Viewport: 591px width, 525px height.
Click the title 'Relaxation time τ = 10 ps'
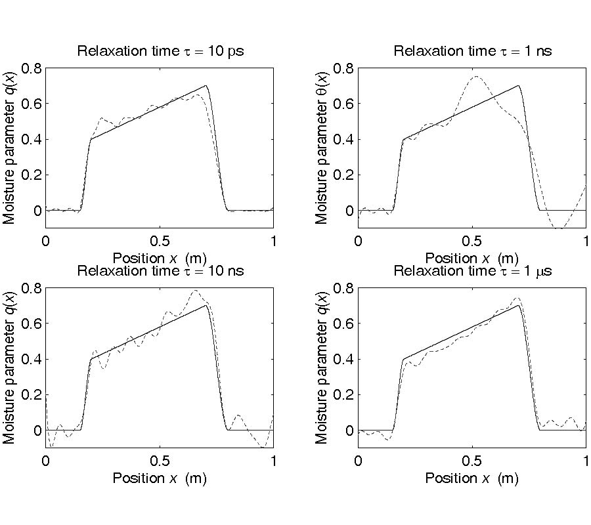160,51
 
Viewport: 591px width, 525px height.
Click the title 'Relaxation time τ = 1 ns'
472,51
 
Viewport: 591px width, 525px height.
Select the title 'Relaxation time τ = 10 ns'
160,270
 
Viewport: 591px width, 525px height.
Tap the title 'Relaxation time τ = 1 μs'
472,270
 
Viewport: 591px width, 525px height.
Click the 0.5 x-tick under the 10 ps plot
160,241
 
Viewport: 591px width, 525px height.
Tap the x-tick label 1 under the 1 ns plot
586,241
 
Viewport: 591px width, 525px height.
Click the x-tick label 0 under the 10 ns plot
45,461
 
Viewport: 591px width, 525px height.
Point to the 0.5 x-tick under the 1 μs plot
472,461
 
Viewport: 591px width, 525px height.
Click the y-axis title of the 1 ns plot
322,148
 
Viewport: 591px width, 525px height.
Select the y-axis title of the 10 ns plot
10,367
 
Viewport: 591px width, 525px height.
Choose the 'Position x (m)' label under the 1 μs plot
472,478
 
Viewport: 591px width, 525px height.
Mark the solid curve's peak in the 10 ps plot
206,85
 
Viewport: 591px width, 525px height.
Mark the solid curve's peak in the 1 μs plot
519,305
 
